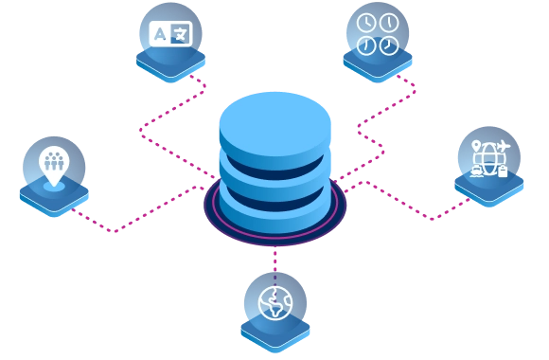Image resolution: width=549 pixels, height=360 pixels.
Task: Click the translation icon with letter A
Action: [x=170, y=35]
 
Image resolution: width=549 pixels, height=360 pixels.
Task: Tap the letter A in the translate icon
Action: [x=160, y=34]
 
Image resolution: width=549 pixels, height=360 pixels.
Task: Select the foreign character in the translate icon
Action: [x=181, y=35]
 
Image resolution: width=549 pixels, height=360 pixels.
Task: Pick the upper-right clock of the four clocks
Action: [x=387, y=24]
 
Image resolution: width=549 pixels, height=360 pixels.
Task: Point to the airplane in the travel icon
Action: [x=502, y=146]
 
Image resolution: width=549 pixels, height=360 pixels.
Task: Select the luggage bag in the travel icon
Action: [x=503, y=171]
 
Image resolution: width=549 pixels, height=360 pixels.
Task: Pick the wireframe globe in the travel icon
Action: [x=488, y=159]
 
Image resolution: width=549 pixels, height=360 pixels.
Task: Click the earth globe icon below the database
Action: [x=274, y=304]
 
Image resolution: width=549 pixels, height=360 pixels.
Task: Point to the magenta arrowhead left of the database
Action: [x=151, y=132]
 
